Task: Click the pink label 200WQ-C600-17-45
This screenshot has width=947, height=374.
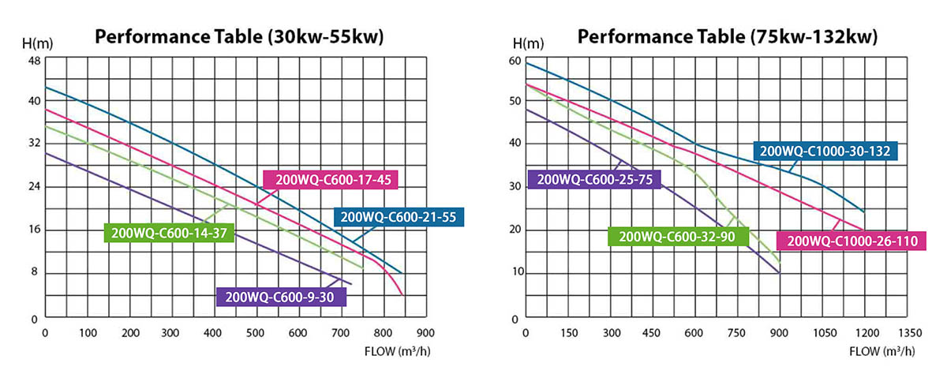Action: click(329, 180)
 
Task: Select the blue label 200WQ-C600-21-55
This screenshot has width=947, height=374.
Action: click(399, 216)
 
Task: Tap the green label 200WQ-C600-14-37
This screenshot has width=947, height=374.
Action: click(169, 232)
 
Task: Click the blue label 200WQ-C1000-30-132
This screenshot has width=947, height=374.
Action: click(825, 151)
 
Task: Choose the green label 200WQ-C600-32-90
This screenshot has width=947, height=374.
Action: click(677, 236)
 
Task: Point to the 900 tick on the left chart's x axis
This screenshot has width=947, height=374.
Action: click(426, 332)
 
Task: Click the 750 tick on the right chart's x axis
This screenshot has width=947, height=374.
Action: click(736, 332)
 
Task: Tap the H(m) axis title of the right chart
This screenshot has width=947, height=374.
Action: click(526, 43)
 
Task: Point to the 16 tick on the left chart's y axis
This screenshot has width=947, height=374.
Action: click(35, 230)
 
